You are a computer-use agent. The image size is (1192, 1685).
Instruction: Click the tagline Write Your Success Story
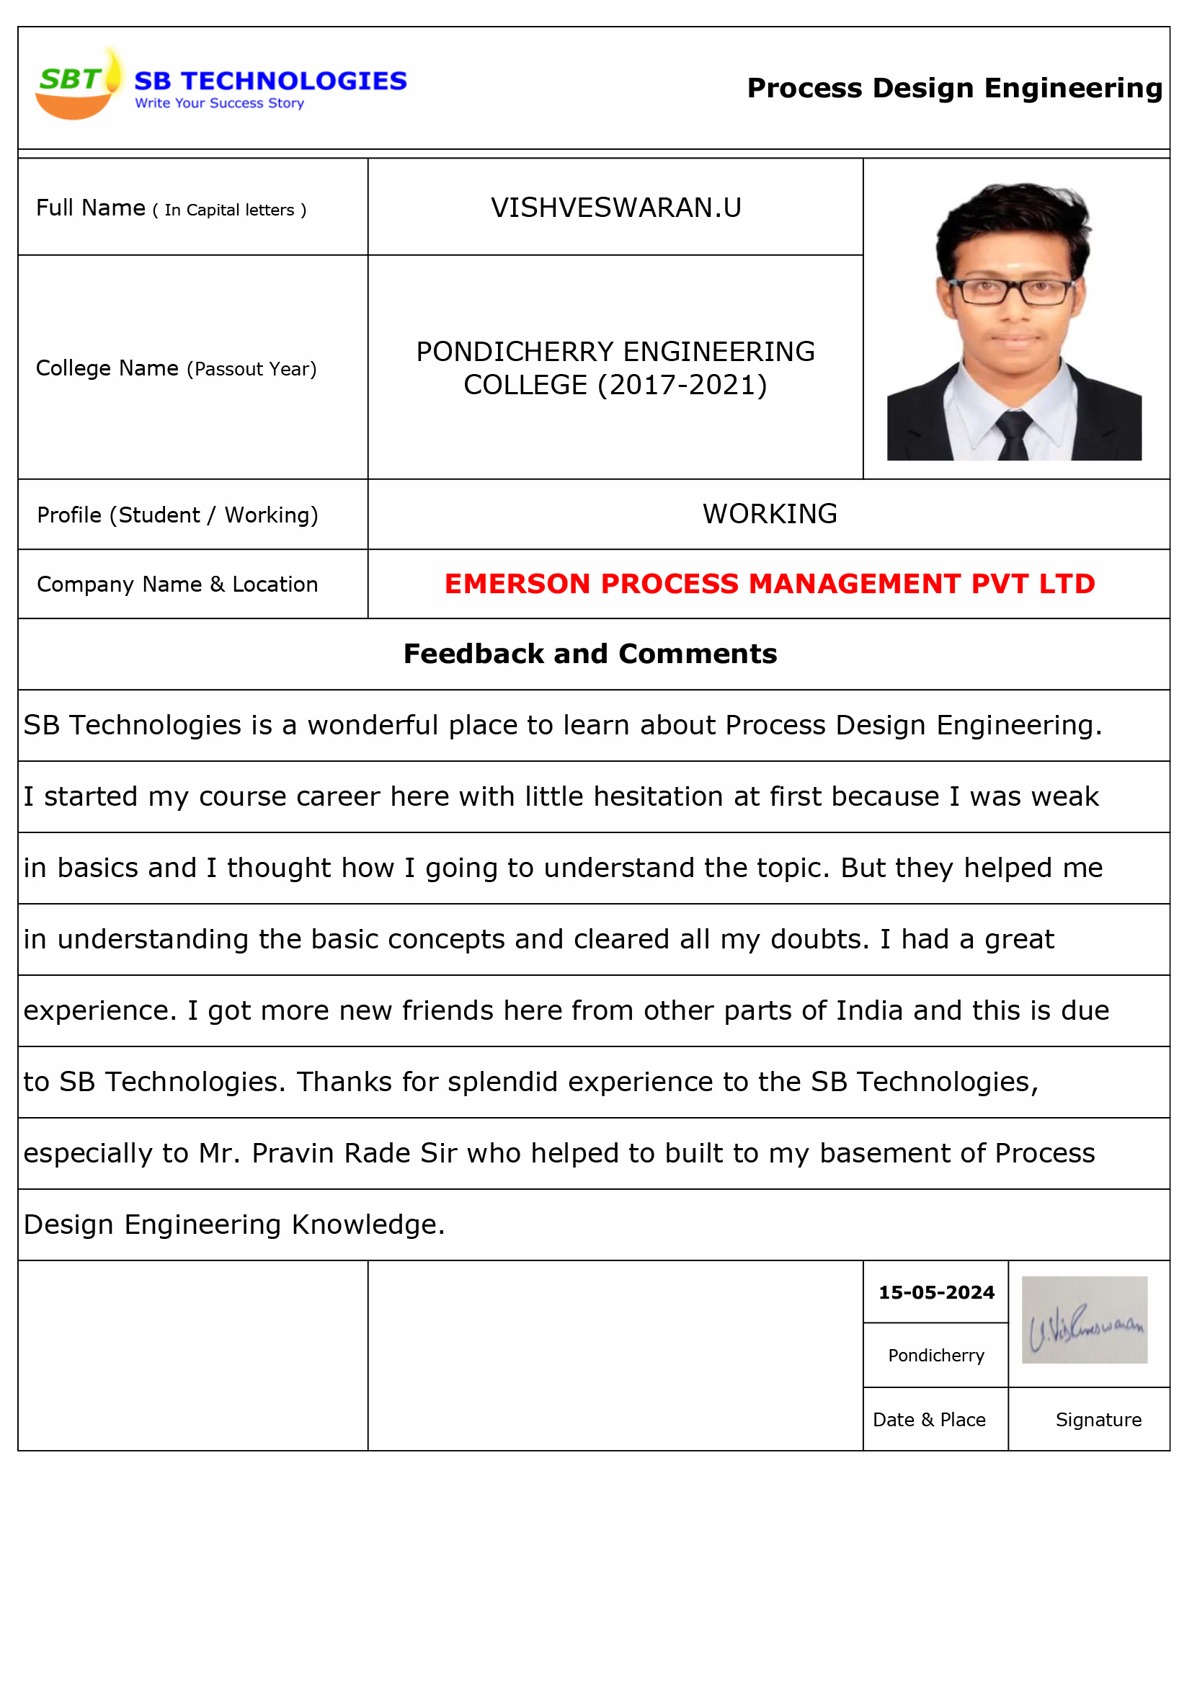click(x=220, y=104)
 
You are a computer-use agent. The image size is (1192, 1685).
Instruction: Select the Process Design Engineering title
click(x=954, y=88)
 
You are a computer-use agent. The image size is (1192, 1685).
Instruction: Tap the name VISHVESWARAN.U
click(x=615, y=208)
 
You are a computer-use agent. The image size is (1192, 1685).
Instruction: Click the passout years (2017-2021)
click(x=682, y=386)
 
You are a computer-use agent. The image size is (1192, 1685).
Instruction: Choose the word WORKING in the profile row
click(x=769, y=515)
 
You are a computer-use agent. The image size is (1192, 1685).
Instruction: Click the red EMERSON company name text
click(x=769, y=584)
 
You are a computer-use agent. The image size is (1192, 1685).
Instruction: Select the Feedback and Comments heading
click(x=590, y=654)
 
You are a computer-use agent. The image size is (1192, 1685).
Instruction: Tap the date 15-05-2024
click(x=936, y=1292)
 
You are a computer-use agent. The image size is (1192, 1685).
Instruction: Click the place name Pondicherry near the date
click(x=936, y=1356)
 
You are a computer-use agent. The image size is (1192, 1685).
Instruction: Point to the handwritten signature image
click(x=1084, y=1320)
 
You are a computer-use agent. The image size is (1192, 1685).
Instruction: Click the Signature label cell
click(x=1098, y=1420)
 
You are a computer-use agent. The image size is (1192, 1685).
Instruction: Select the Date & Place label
click(x=928, y=1420)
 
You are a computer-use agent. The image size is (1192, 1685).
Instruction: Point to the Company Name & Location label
click(x=177, y=585)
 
